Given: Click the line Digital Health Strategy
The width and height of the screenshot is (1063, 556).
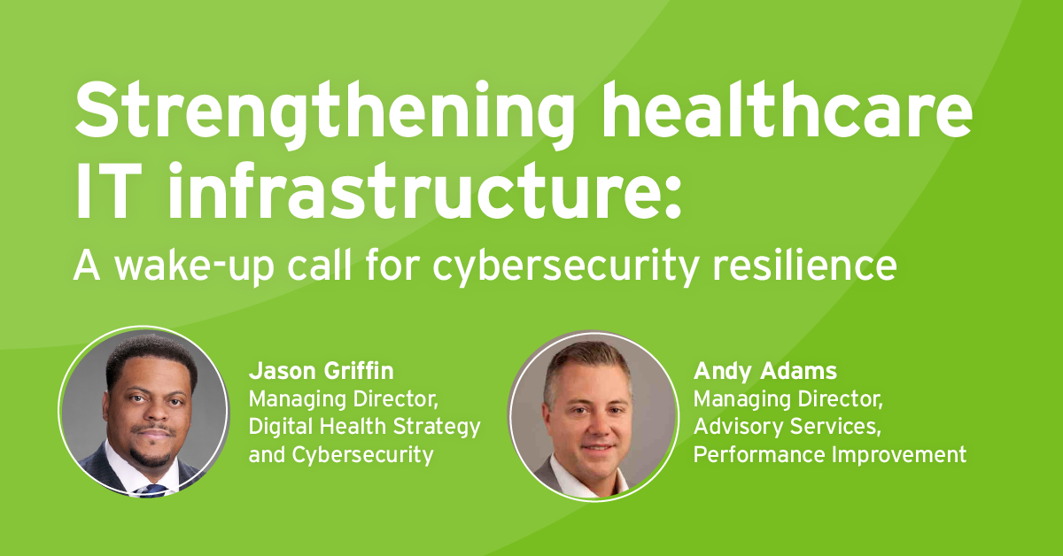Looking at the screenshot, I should (x=365, y=427).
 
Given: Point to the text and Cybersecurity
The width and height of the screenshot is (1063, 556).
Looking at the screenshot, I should (x=341, y=455).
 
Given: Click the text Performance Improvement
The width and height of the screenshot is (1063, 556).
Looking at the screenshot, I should (x=829, y=455).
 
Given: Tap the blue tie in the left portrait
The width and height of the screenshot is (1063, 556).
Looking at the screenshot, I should (x=152, y=486).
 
